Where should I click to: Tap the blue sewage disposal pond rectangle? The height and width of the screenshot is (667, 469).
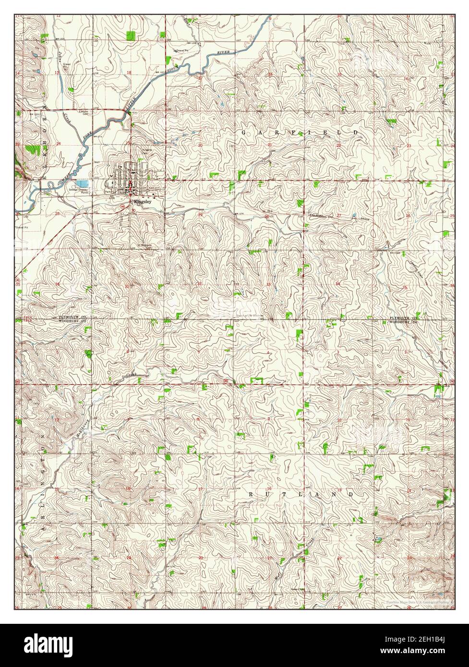[82, 183]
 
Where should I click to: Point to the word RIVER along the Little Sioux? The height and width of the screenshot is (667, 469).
[224, 52]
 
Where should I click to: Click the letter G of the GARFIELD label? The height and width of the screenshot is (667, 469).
[243, 132]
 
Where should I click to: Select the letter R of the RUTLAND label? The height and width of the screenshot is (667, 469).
[252, 494]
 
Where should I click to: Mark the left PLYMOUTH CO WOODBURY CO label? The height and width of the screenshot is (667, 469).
[72, 320]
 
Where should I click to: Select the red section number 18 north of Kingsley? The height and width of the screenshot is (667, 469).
[129, 72]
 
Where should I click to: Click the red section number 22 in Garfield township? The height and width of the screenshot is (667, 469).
[338, 145]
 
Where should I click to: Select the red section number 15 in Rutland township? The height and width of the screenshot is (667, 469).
[339, 489]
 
